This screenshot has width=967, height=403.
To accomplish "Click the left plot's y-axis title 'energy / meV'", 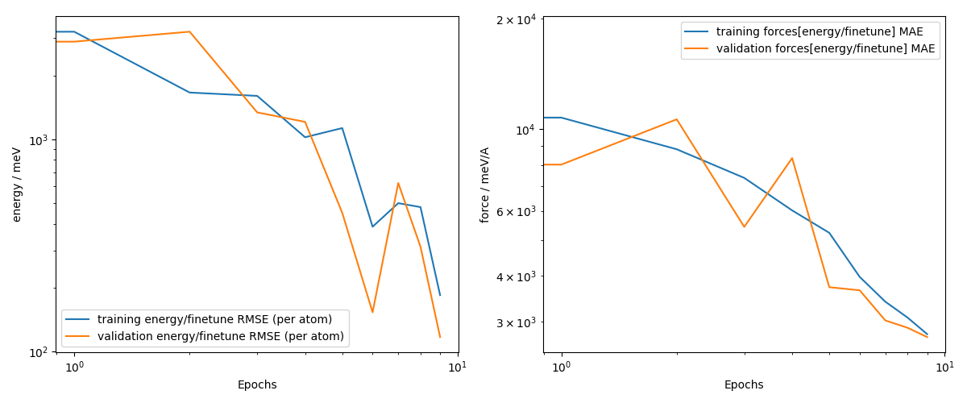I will (x=17, y=185).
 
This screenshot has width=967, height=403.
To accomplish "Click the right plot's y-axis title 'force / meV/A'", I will (x=485, y=185).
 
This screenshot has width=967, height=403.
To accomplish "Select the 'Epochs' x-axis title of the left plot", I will (x=257, y=385).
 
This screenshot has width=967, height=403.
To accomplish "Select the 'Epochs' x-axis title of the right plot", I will (x=744, y=385).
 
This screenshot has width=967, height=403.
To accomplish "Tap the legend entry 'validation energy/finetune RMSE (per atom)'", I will (x=220, y=336).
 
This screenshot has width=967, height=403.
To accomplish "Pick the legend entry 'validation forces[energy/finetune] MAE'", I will (x=825, y=48).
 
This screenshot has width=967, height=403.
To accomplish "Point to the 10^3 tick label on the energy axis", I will (x=39, y=140).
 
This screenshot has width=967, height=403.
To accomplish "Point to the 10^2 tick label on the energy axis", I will (x=39, y=352).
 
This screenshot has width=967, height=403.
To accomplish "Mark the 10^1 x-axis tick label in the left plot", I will (x=458, y=368).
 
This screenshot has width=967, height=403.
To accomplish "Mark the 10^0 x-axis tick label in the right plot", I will (x=562, y=368).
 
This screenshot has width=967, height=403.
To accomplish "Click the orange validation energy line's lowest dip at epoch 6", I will (x=372, y=312).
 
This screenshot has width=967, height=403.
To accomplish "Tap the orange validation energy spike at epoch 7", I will (x=398, y=183).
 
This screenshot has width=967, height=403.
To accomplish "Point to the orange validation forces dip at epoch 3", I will (x=744, y=226).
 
